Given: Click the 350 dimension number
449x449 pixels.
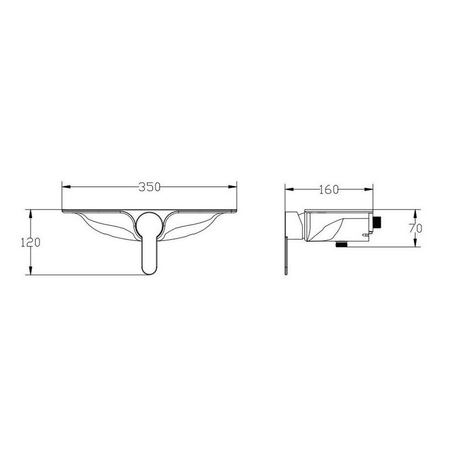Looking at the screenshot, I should pyautogui.click(x=149, y=187).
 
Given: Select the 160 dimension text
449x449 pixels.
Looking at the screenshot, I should pyautogui.click(x=329, y=189).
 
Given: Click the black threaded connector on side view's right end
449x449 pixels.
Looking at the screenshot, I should pyautogui.click(x=379, y=222).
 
